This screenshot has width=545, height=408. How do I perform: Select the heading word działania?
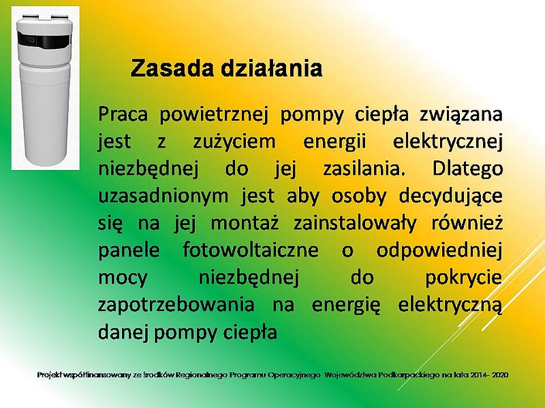pos(271,68)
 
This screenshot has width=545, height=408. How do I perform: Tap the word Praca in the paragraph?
pos(123,114)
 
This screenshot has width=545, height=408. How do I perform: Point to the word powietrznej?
pos(214,115)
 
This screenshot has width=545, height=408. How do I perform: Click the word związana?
pos(461,115)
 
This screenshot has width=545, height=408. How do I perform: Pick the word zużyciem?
pos(234,142)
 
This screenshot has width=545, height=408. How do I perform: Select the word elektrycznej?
pos(448,142)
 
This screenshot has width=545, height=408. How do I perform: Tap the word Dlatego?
pos(467,169)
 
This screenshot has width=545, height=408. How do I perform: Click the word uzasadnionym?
pos(163,197)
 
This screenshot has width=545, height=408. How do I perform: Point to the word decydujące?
pos(450,197)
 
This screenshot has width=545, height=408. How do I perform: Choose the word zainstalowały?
pos(354,224)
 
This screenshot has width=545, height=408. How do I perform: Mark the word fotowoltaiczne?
pos(250,250)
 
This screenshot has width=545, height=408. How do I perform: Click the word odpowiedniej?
pos(439,250)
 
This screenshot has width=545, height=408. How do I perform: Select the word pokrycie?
pos(464,277)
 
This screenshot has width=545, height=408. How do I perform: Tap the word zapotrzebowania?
pos(176,305)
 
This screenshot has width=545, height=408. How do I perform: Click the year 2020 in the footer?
pos(501,375)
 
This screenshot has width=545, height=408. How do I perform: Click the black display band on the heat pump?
pos(44,40)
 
